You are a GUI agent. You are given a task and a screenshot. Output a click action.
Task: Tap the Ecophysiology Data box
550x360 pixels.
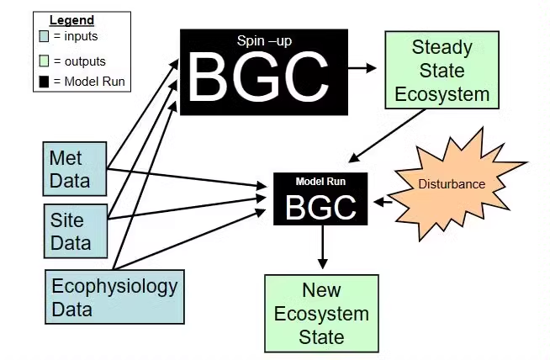point(114,297)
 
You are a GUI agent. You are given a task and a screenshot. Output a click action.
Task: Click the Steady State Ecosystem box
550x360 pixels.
point(441,70)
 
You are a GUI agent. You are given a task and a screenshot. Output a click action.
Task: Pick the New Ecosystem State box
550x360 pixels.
point(321,313)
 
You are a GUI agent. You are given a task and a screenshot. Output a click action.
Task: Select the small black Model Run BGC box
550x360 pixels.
point(320,199)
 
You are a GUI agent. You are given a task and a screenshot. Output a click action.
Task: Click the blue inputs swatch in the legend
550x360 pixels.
point(43,36)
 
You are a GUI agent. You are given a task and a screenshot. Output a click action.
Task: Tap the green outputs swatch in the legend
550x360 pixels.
point(43,61)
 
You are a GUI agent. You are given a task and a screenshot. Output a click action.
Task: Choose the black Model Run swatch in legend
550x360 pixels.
point(43,81)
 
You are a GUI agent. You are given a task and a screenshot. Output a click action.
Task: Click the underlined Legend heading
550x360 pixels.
point(71,20)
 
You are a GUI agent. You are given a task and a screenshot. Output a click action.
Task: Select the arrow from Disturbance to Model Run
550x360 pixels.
point(383,202)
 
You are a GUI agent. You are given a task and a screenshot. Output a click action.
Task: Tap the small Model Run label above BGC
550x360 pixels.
point(320,181)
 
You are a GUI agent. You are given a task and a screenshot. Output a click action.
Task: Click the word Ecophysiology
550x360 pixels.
point(114,285)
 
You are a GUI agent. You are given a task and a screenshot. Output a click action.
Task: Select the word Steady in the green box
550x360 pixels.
point(441,46)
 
